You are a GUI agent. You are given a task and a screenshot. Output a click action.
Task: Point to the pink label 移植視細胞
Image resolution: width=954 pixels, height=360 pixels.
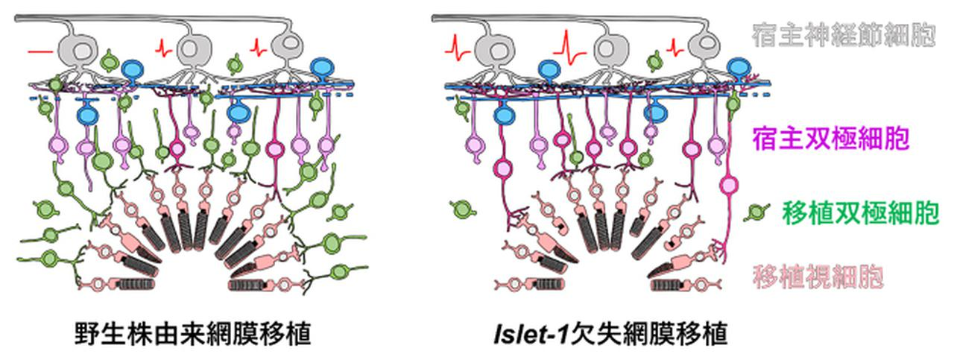[x=819, y=277]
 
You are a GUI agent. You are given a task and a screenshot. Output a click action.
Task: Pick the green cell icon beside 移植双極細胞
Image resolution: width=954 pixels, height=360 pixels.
[x=759, y=212]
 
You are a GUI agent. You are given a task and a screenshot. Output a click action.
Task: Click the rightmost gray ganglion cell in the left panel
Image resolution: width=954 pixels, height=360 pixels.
[x=287, y=48]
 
